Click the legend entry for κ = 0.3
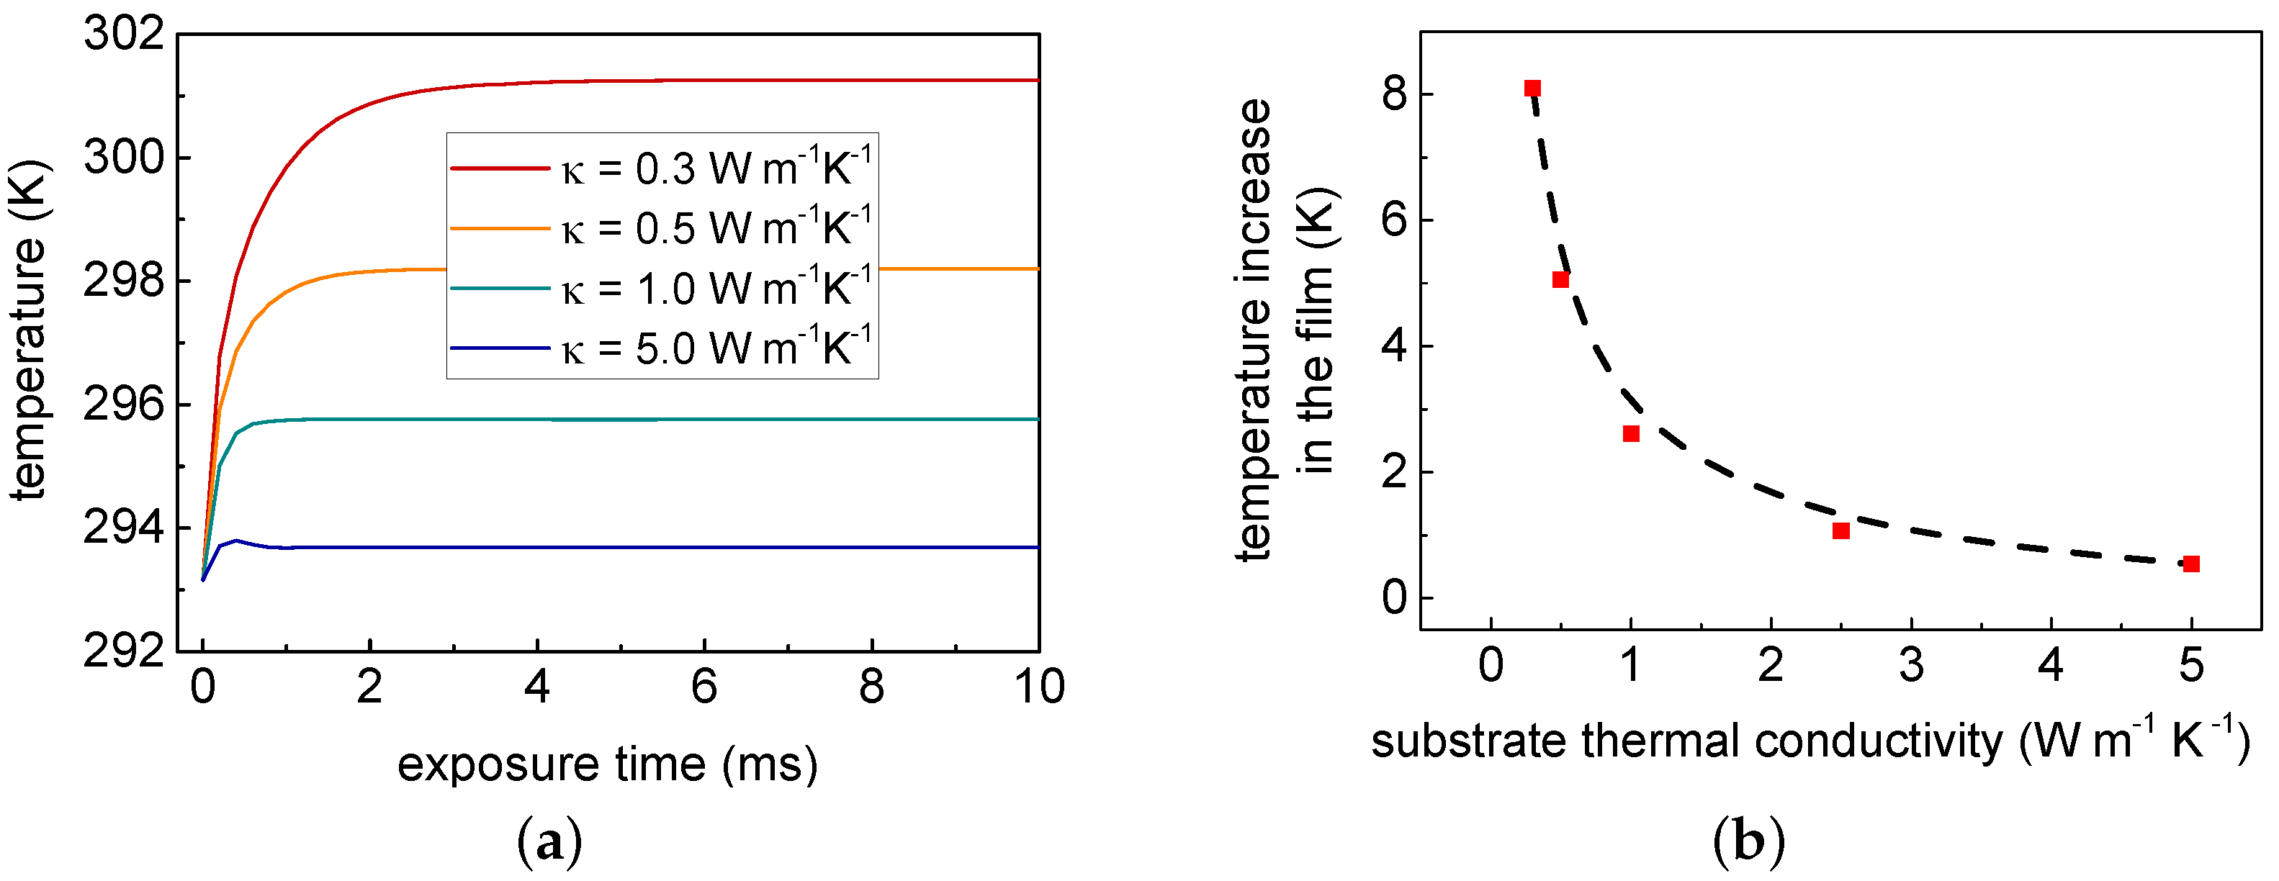pyautogui.click(x=662, y=168)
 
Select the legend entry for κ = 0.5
pyautogui.click(x=662, y=228)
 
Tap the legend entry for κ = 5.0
pyautogui.click(x=662, y=348)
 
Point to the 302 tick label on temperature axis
pyautogui.click(x=124, y=35)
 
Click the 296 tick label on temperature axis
pyautogui.click(x=124, y=405)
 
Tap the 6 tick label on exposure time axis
pyautogui.click(x=704, y=687)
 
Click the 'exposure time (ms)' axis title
pyautogui.click(x=607, y=764)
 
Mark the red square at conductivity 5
pyautogui.click(x=2191, y=564)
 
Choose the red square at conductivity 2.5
pyautogui.click(x=1841, y=530)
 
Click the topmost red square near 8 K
pyautogui.click(x=1533, y=89)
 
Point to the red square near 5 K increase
pyautogui.click(x=1560, y=279)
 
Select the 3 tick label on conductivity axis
pyautogui.click(x=1911, y=665)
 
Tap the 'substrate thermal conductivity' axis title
pyautogui.click(x=1810, y=741)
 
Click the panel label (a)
pyautogui.click(x=549, y=842)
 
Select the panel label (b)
pyautogui.click(x=1749, y=842)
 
